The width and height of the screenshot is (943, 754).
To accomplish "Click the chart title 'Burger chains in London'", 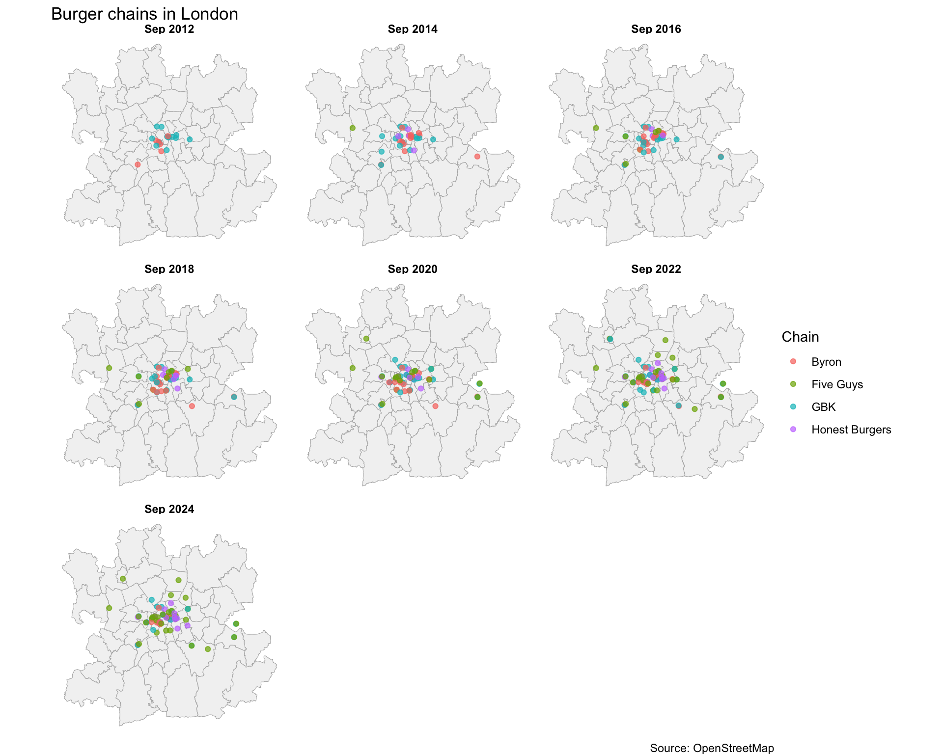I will (144, 14).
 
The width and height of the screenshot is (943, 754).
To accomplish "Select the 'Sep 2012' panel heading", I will (169, 29).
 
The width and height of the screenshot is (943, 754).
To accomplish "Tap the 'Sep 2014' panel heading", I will (412, 29).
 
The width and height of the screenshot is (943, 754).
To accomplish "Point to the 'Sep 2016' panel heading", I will (656, 29).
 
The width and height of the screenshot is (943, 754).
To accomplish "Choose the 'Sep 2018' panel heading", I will (169, 269).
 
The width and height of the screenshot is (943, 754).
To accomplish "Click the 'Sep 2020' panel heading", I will (412, 269).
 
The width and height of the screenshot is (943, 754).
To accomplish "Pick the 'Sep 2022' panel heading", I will (656, 269).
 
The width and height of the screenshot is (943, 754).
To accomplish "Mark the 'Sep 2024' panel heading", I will (169, 509).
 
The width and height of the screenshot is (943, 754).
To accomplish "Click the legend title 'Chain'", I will (800, 337).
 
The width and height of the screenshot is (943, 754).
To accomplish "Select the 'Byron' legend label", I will (826, 362).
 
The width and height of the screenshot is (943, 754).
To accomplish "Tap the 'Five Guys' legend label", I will (837, 384).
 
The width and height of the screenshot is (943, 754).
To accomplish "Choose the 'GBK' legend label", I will (823, 407).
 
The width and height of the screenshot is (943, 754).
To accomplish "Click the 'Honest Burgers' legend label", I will (851, 430).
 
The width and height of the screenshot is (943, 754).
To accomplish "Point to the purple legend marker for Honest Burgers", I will (793, 430).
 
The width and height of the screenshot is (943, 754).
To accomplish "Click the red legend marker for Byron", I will (793, 362).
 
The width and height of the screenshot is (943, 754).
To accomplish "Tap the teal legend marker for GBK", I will (793, 407).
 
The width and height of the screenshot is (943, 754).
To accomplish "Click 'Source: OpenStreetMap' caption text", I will (712, 748).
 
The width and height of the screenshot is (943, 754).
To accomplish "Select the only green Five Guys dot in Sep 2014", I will (352, 128).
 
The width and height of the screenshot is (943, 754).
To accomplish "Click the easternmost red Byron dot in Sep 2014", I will (477, 157).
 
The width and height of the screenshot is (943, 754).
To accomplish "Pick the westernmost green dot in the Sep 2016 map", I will (596, 128).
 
